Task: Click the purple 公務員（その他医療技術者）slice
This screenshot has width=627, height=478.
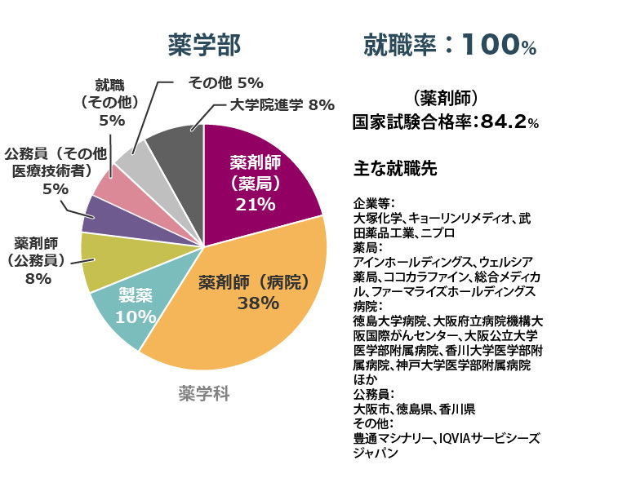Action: click(102, 215)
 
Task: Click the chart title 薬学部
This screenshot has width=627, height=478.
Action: click(204, 45)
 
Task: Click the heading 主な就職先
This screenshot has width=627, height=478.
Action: click(396, 169)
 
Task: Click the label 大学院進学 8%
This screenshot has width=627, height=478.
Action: click(282, 104)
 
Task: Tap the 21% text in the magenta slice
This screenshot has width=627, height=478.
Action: click(255, 204)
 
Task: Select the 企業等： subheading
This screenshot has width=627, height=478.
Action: click(374, 203)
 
